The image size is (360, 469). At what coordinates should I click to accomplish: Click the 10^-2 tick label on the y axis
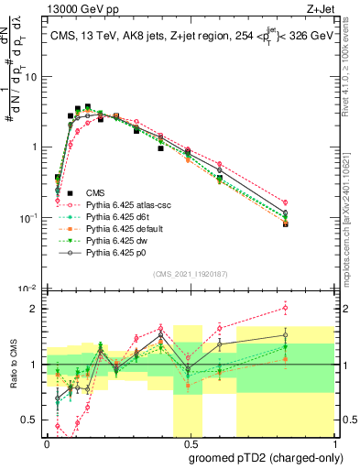[x=30, y=289]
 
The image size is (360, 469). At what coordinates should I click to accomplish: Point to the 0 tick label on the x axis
[x=47, y=442]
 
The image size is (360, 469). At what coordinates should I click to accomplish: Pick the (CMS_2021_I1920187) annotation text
[x=191, y=274]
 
